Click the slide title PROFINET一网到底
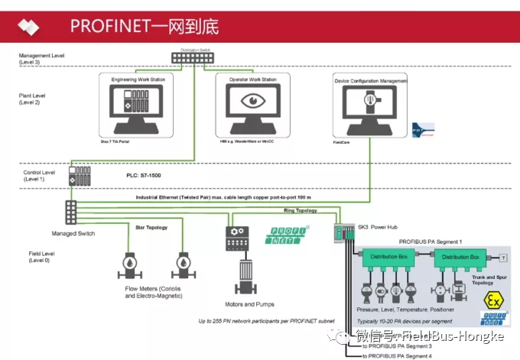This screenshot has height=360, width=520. (145, 26)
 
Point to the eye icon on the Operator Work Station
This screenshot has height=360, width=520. (252, 101)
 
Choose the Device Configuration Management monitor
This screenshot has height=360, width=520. (370, 105)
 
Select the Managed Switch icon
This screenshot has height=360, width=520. (71, 210)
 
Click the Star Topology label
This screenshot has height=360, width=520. (151, 227)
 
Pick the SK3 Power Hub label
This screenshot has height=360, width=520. (379, 228)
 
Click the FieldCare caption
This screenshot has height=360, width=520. (342, 142)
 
